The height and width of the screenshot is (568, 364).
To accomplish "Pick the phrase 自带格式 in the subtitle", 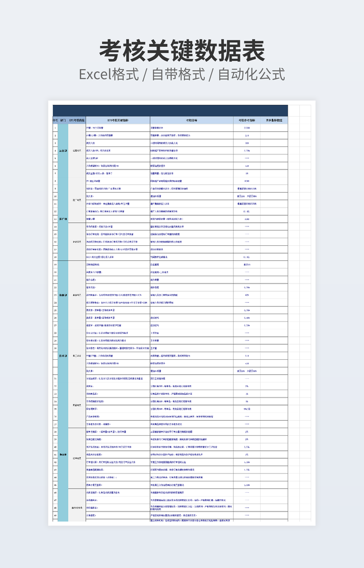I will [x=179, y=74].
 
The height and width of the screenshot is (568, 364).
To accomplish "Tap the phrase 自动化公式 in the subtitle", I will [x=251, y=74].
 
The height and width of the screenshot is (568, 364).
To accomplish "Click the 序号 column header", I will [x=55, y=120].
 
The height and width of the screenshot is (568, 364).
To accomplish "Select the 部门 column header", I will [x=64, y=120].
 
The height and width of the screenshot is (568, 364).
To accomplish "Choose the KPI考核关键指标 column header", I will [x=118, y=120].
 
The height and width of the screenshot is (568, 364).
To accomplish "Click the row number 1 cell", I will [x=55, y=128].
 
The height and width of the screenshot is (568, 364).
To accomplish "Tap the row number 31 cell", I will [x=55, y=379].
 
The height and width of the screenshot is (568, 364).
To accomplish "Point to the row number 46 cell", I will [x=55, y=492].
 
